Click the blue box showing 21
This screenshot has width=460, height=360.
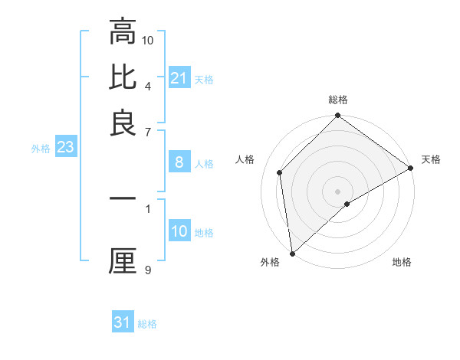(x=179, y=78)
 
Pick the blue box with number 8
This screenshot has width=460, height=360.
(x=179, y=162)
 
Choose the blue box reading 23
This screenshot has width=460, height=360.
(x=65, y=147)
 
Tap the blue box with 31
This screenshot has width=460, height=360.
(x=123, y=322)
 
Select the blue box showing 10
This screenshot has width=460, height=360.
(x=179, y=232)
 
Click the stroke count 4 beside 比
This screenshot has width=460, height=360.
(x=148, y=85)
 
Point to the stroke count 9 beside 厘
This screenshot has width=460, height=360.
(x=148, y=269)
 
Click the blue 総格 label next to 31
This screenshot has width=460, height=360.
(x=147, y=324)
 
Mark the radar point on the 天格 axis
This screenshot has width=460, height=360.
(x=410, y=169)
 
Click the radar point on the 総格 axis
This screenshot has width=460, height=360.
(x=338, y=116)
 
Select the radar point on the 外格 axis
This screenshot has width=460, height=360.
(x=292, y=253)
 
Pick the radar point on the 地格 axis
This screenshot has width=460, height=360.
(x=347, y=204)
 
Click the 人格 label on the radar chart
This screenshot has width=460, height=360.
(x=246, y=159)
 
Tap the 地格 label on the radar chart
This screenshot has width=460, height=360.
(x=402, y=262)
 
